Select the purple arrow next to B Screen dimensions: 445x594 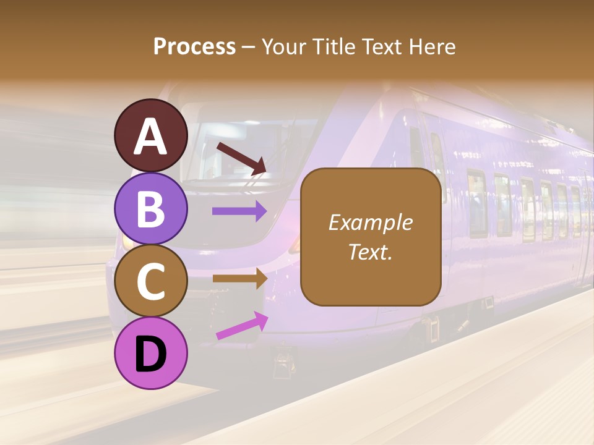[x=239, y=211]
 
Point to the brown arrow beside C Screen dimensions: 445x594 [x=239, y=279]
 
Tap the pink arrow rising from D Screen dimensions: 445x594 [x=242, y=326]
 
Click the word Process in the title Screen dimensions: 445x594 [x=194, y=46]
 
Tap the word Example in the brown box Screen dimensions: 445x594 [x=370, y=222]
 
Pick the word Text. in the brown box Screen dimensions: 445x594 [x=370, y=252]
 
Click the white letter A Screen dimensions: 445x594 [x=151, y=137]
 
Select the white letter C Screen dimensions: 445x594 [x=151, y=282]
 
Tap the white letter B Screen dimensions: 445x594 [x=151, y=209]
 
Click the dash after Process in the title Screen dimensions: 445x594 [x=248, y=47]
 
